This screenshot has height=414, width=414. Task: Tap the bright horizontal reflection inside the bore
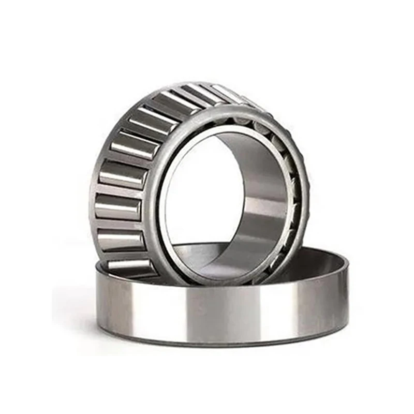264,207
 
